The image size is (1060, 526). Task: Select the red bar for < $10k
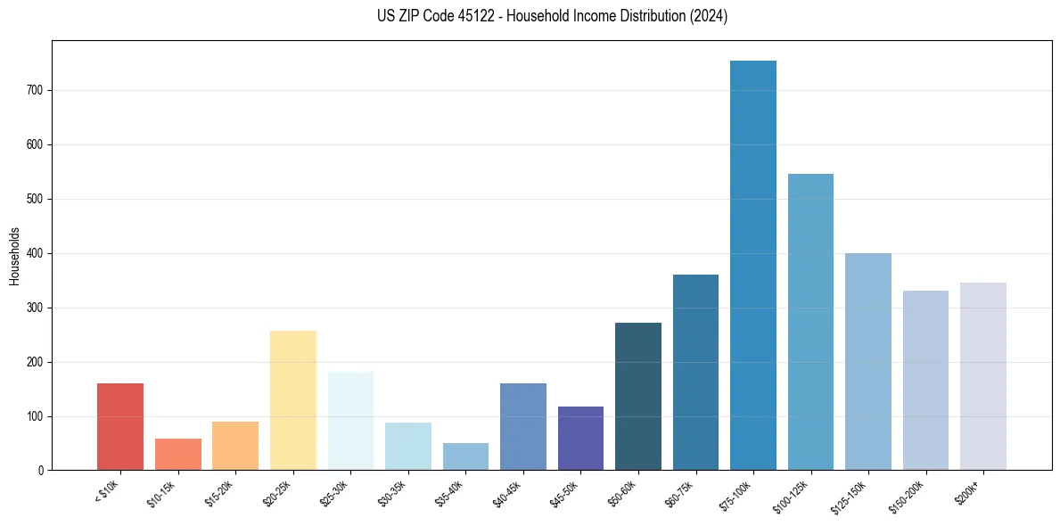120,427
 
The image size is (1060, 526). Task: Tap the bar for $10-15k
177,455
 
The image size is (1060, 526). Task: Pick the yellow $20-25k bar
293,400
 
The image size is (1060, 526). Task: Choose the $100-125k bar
810,322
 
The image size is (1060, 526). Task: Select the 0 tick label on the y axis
42,471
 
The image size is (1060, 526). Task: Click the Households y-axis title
15,256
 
